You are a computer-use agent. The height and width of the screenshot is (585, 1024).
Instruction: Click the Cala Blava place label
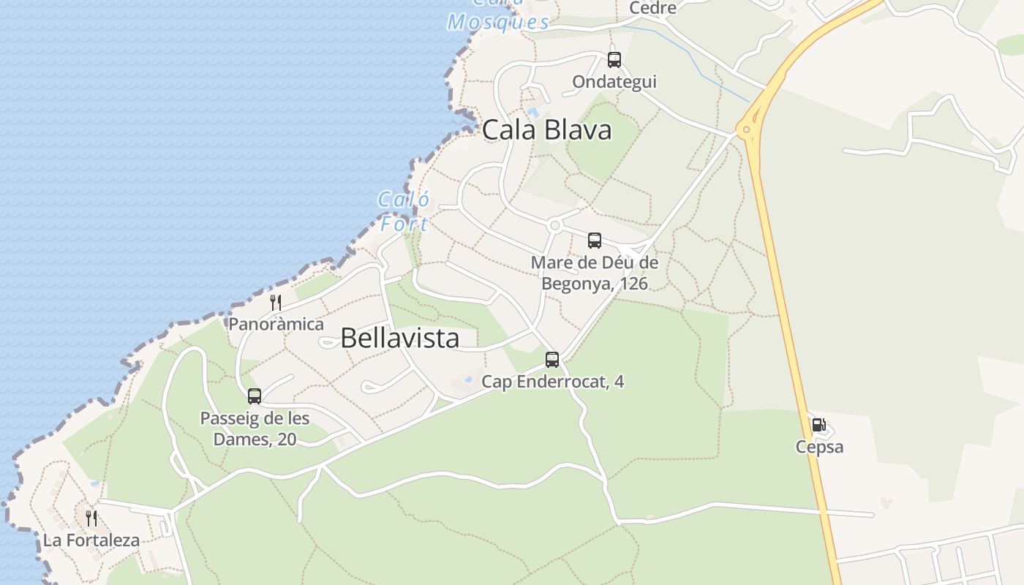546,130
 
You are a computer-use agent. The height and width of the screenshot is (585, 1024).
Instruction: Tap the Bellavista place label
400,338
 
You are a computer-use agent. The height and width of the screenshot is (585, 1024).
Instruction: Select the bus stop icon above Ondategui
614,60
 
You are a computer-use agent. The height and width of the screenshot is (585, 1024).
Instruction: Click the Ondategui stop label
614,82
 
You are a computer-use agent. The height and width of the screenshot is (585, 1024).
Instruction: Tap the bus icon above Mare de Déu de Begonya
595,241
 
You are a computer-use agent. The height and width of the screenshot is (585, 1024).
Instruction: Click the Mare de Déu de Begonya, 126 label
595,273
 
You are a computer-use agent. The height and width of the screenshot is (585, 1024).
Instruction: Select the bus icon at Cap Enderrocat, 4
552,360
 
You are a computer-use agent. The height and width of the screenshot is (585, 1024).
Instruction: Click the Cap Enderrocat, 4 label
552,382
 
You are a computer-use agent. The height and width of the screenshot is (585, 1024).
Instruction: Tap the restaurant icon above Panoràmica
276,303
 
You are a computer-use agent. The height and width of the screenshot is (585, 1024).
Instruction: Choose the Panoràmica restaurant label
276,324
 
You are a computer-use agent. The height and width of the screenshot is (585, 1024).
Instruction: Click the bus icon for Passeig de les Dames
255,396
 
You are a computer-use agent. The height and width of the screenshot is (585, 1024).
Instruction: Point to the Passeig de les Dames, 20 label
255,429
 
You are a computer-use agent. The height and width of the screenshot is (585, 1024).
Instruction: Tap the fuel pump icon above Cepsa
819,425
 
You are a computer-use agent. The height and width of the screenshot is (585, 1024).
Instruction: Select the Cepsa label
819,447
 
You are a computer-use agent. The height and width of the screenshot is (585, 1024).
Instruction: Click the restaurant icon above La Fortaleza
91,518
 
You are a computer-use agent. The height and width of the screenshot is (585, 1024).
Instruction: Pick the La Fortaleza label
91,541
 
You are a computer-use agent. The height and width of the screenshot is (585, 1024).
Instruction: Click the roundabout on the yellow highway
746,131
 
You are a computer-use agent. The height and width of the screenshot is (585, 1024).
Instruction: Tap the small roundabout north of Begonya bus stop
554,225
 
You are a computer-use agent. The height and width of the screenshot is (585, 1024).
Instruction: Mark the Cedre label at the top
652,8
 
